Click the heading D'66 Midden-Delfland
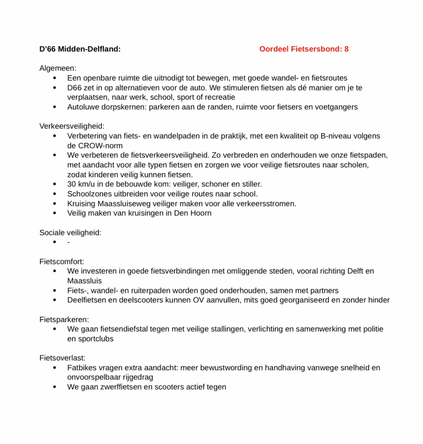(80, 49)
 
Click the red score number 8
(346, 49)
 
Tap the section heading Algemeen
(58, 69)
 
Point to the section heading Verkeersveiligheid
(72, 127)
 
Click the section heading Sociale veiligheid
(70, 233)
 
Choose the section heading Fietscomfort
(62, 262)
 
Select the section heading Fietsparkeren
(64, 320)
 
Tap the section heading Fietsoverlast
(62, 359)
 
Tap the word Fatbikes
(82, 368)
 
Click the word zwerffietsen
(120, 387)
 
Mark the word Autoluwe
(82, 107)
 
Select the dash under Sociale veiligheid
(68, 242)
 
